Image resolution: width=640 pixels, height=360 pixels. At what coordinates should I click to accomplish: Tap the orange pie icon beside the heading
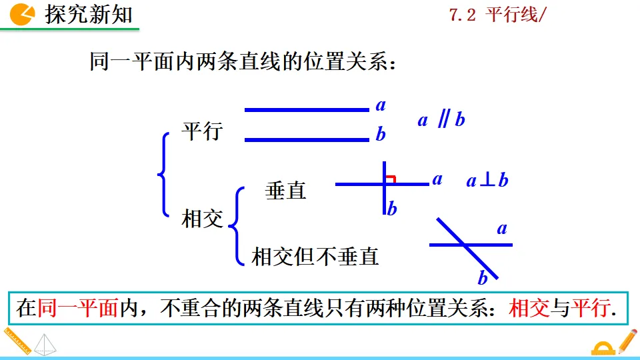(x=23, y=14)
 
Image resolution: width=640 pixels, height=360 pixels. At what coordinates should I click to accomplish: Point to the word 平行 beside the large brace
(x=202, y=131)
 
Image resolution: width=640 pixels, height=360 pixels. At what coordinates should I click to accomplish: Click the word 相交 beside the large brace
(x=202, y=219)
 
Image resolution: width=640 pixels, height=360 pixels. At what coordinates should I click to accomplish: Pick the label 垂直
(x=285, y=191)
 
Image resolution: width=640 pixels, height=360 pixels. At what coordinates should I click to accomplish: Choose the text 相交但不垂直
(x=315, y=256)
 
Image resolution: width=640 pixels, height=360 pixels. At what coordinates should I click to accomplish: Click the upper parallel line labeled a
(x=307, y=109)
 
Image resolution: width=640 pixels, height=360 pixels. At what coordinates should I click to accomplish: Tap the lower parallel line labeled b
(x=307, y=140)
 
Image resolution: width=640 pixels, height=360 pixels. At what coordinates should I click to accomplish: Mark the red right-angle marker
(x=391, y=178)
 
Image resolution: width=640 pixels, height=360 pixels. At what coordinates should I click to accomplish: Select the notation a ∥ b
(x=441, y=120)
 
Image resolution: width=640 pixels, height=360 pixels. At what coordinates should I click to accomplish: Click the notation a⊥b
(x=487, y=180)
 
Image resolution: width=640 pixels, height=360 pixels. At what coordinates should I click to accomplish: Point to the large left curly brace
(x=163, y=174)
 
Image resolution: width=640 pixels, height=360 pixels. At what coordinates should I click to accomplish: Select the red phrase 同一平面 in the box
(x=78, y=308)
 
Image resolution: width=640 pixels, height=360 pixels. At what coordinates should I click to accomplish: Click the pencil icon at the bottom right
(x=627, y=341)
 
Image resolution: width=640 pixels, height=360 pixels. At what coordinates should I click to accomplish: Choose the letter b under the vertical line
(x=392, y=209)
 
